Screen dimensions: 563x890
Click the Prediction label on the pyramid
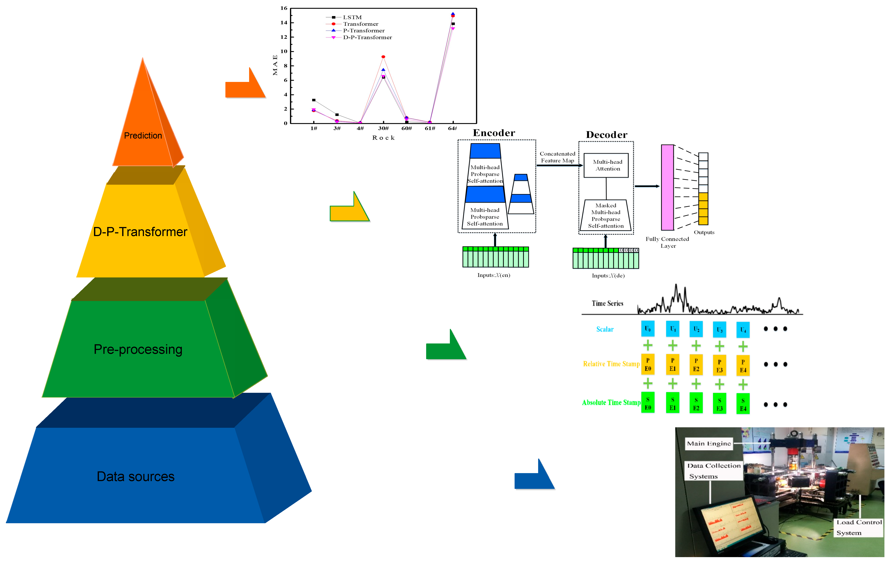coord(143,136)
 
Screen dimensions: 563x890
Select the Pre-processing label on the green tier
coord(138,349)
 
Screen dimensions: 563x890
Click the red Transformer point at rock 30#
coord(383,57)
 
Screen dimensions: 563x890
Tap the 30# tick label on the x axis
coord(383,128)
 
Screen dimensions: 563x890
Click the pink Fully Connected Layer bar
coord(667,187)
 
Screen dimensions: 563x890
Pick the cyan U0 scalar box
coord(648,329)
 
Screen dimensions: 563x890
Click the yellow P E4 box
coord(743,366)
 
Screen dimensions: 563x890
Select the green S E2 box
coord(696,404)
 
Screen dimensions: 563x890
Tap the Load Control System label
coord(859,527)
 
